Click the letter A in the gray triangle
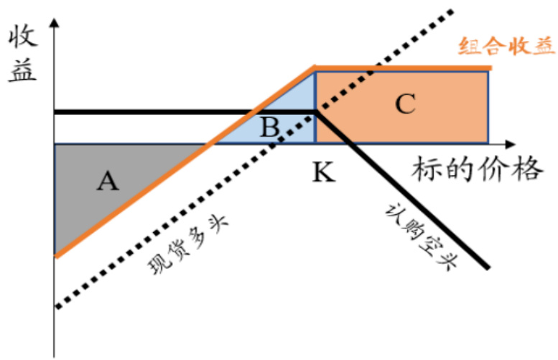pyautogui.click(x=108, y=182)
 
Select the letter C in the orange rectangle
pyautogui.click(x=405, y=105)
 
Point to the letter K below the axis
pyautogui.click(x=324, y=172)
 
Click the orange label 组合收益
pyautogui.click(x=506, y=47)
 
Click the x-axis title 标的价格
pyautogui.click(x=475, y=171)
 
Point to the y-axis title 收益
pyautogui.click(x=22, y=55)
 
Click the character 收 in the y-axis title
pyautogui.click(x=22, y=38)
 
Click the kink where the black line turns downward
pyautogui.click(x=316, y=112)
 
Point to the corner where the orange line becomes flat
pyautogui.click(x=316, y=68)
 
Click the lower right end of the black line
pyautogui.click(x=489, y=268)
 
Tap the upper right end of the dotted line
pyautogui.click(x=454, y=9)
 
